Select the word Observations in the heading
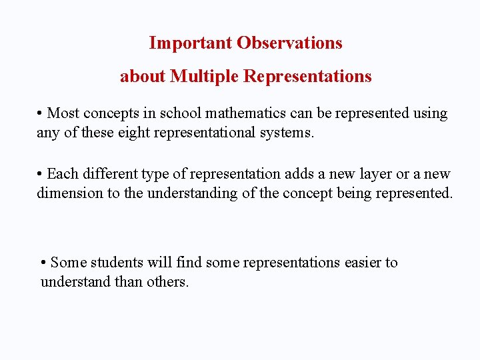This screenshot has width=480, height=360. click(289, 43)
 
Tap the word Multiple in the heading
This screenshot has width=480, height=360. click(205, 77)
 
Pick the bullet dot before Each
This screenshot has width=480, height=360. click(41, 174)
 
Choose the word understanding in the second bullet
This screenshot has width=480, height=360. click(191, 193)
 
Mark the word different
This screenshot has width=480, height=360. click(109, 174)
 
